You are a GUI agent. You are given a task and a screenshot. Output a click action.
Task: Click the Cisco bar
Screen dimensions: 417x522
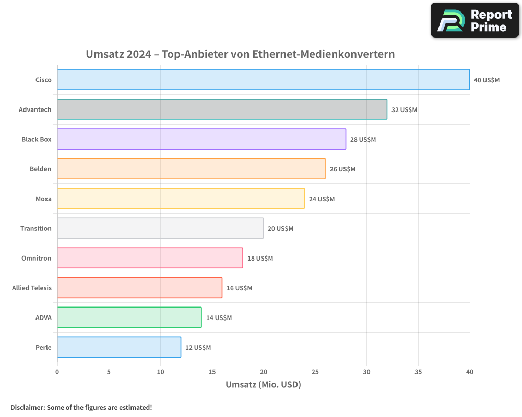263,80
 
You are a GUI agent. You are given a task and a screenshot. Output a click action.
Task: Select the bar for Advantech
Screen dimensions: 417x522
222,109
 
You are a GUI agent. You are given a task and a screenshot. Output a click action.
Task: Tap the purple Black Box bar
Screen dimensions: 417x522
201,139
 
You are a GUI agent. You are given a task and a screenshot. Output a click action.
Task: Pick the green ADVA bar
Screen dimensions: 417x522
129,317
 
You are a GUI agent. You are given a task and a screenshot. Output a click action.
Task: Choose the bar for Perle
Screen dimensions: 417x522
119,347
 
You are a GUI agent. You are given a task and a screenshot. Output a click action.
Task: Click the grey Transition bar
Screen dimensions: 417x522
160,228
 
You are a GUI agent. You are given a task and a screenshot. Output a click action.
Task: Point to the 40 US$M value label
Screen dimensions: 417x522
487,80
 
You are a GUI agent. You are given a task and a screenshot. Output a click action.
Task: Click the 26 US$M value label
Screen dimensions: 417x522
342,169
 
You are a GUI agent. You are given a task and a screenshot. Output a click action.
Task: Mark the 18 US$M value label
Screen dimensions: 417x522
260,259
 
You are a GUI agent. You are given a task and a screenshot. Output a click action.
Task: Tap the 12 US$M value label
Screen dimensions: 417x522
198,348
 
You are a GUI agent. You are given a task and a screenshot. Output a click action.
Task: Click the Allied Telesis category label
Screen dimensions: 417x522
32,288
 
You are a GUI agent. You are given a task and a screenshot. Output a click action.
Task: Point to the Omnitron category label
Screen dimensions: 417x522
37,258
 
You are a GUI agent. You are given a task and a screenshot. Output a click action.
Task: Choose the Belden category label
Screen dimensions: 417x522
41,169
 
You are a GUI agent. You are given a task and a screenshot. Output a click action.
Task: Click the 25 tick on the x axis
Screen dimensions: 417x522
315,372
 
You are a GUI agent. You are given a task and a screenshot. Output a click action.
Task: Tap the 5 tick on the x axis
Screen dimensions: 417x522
109,372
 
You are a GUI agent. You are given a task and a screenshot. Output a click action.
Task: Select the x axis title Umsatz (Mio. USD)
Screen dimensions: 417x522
263,385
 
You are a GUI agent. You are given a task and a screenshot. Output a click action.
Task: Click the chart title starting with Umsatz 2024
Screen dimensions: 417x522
240,54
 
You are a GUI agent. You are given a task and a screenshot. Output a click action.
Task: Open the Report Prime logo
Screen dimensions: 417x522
474,20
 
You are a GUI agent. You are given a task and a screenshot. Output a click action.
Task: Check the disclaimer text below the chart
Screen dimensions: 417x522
81,407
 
